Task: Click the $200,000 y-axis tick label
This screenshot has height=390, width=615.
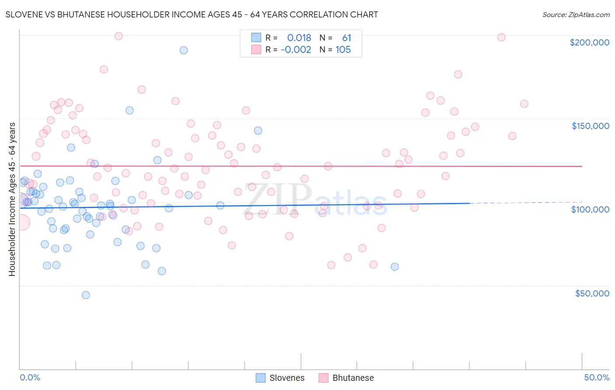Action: point(589,42)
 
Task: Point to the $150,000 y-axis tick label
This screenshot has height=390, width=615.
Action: point(590,126)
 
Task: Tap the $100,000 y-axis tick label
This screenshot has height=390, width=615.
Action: point(590,209)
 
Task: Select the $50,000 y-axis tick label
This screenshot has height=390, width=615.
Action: point(592,293)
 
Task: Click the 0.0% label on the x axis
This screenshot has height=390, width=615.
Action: point(30,377)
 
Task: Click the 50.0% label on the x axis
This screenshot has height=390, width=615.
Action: point(596,377)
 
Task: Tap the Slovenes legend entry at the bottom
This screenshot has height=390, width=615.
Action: point(280,378)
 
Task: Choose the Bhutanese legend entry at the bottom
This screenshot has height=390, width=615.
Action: point(346,378)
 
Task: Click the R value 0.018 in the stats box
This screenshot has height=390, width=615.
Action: point(299,38)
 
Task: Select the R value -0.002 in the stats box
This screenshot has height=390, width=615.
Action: point(296,50)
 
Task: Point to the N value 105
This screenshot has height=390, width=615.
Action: point(343,50)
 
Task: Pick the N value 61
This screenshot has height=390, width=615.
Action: point(346,38)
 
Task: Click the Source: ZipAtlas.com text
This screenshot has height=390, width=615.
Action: point(576,15)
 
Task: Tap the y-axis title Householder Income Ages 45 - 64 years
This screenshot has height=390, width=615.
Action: point(12,199)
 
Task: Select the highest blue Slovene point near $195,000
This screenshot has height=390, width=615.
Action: point(184,50)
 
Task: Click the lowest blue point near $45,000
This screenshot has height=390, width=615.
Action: point(86,295)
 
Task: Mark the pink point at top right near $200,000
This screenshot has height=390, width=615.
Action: point(501,37)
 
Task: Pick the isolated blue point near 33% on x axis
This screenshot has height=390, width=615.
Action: point(395,267)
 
